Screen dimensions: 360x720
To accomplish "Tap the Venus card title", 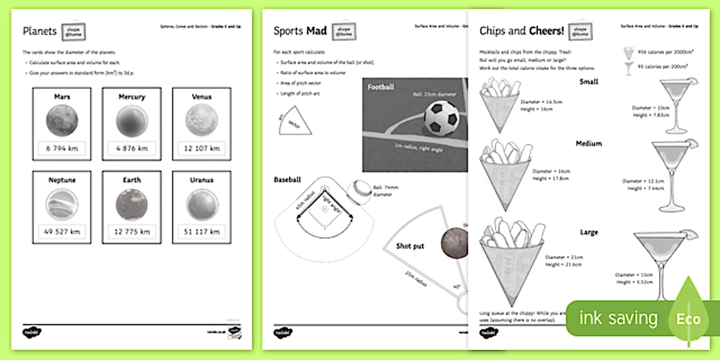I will pyautogui.click(x=202, y=97).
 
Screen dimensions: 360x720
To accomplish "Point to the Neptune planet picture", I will pyautogui.click(x=62, y=204).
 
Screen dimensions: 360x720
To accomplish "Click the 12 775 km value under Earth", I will pyautogui.click(x=131, y=232).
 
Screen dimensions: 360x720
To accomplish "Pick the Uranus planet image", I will pyautogui.click(x=202, y=204).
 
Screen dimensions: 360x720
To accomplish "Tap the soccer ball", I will pyautogui.click(x=441, y=118).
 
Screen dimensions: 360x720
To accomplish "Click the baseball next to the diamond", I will pyautogui.click(x=362, y=189).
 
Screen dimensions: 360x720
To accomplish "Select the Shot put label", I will pyautogui.click(x=410, y=246).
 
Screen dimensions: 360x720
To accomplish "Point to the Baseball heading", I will pyautogui.click(x=287, y=179).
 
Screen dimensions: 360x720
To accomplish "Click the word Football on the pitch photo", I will pyautogui.click(x=381, y=87).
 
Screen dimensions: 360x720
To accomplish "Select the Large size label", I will pyautogui.click(x=589, y=233).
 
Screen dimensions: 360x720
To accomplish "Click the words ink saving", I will pyautogui.click(x=618, y=318).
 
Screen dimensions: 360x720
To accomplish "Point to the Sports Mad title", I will pyautogui.click(x=299, y=31).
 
